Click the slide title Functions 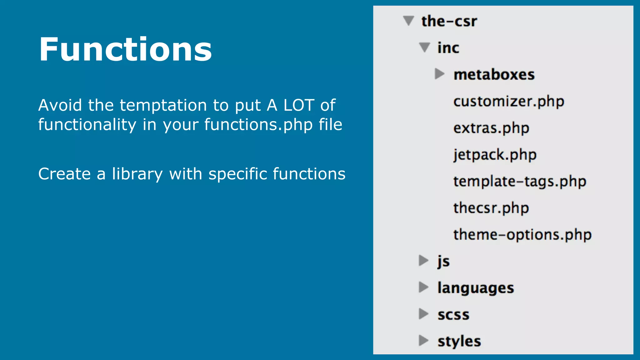(x=125, y=49)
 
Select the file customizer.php (x=508, y=101)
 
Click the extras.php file (x=491, y=128)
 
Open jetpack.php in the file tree (x=495, y=155)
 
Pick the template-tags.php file (x=519, y=182)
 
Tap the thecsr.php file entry (x=491, y=208)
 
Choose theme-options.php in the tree (x=522, y=235)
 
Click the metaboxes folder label (x=494, y=75)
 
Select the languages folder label (x=475, y=288)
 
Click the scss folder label (x=453, y=315)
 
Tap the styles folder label (x=459, y=341)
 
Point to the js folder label (x=443, y=261)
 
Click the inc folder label (x=448, y=48)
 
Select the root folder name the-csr (x=449, y=21)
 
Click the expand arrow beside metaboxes (x=439, y=74)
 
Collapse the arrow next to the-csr (x=408, y=21)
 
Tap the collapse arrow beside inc (x=424, y=47)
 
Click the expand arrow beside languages (x=423, y=287)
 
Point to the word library (x=137, y=174)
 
